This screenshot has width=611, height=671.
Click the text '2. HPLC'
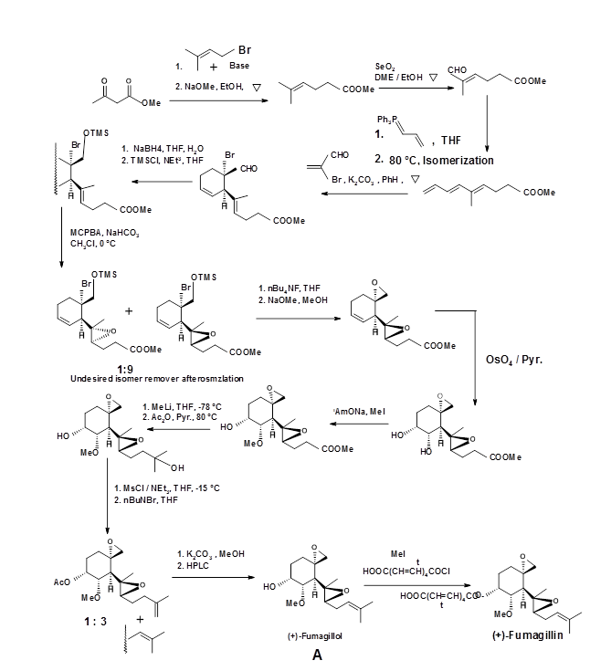tap(192, 567)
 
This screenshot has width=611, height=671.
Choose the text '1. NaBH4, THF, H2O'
tap(153, 146)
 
